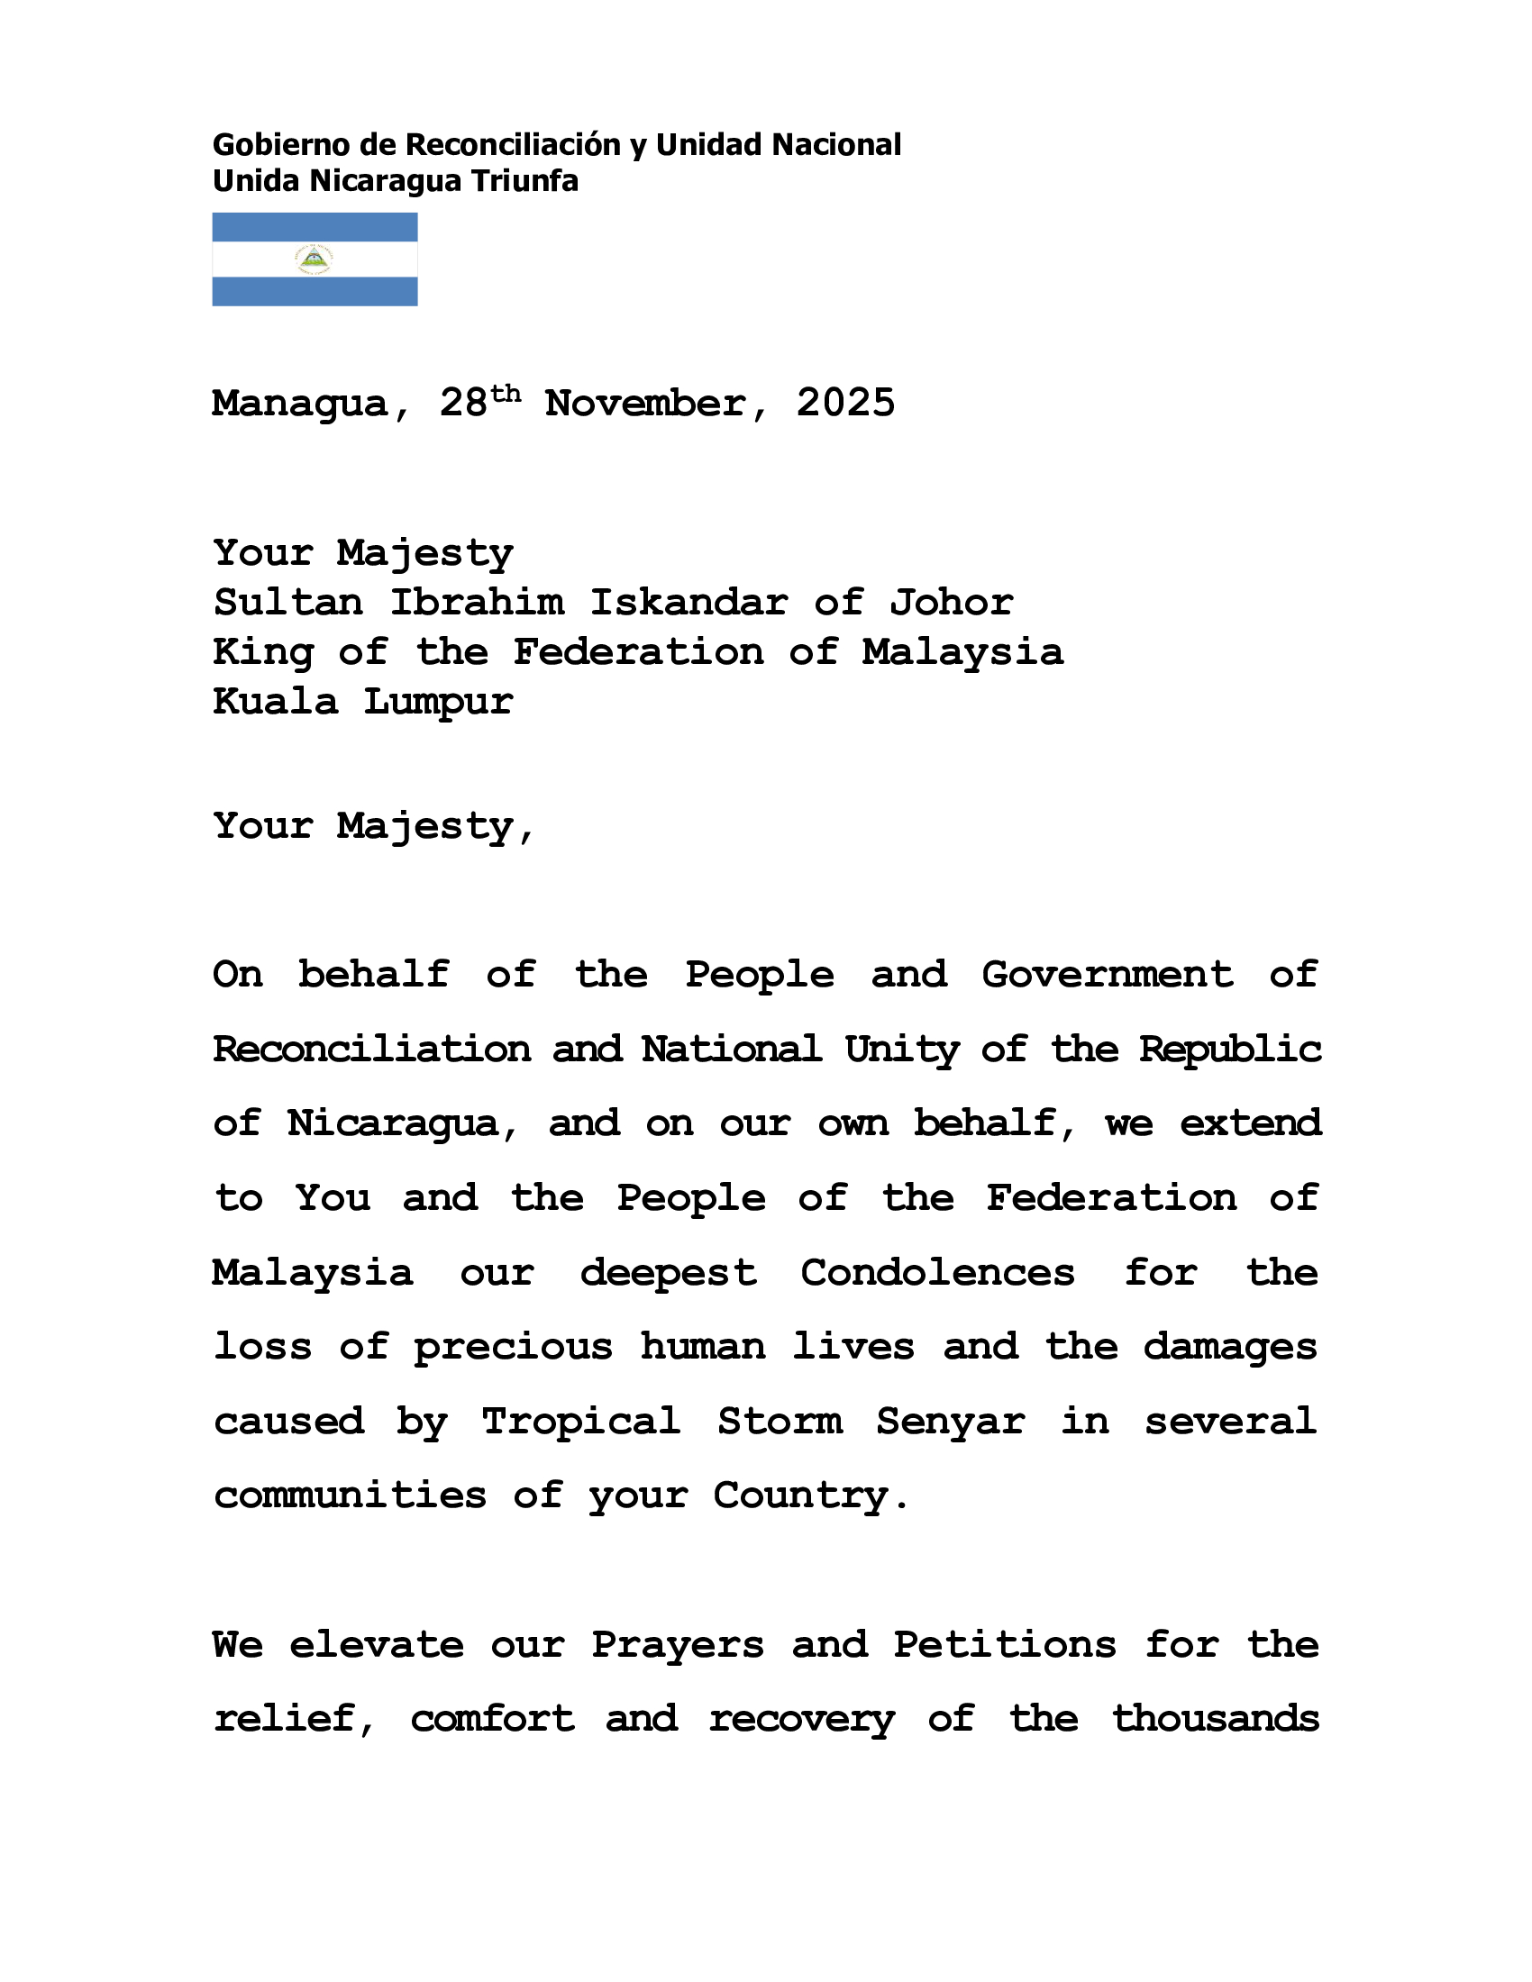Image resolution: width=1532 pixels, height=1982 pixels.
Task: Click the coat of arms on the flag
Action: point(314,259)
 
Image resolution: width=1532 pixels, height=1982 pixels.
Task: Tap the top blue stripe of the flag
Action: point(314,227)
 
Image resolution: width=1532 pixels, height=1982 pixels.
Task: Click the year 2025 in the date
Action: point(845,404)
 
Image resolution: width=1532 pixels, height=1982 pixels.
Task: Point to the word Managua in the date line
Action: point(299,404)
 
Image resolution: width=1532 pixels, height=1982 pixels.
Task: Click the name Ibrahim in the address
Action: point(477,603)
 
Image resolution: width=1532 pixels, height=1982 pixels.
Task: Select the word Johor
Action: point(951,603)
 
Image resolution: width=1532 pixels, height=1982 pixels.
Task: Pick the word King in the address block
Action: point(262,652)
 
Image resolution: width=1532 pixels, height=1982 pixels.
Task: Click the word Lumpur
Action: point(438,703)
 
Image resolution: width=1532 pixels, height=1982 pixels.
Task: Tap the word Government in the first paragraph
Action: point(1108,976)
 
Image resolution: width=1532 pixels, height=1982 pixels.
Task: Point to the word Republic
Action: point(1230,1050)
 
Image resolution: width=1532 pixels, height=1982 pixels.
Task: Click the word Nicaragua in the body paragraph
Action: point(392,1124)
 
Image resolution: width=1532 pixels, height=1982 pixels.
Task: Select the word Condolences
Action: point(936,1273)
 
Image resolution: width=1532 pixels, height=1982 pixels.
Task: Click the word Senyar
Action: point(950,1422)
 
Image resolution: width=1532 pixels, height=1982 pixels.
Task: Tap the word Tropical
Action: point(581,1422)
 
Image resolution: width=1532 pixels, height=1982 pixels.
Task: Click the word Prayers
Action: point(677,1645)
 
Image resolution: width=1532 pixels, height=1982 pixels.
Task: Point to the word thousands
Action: point(1216,1720)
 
